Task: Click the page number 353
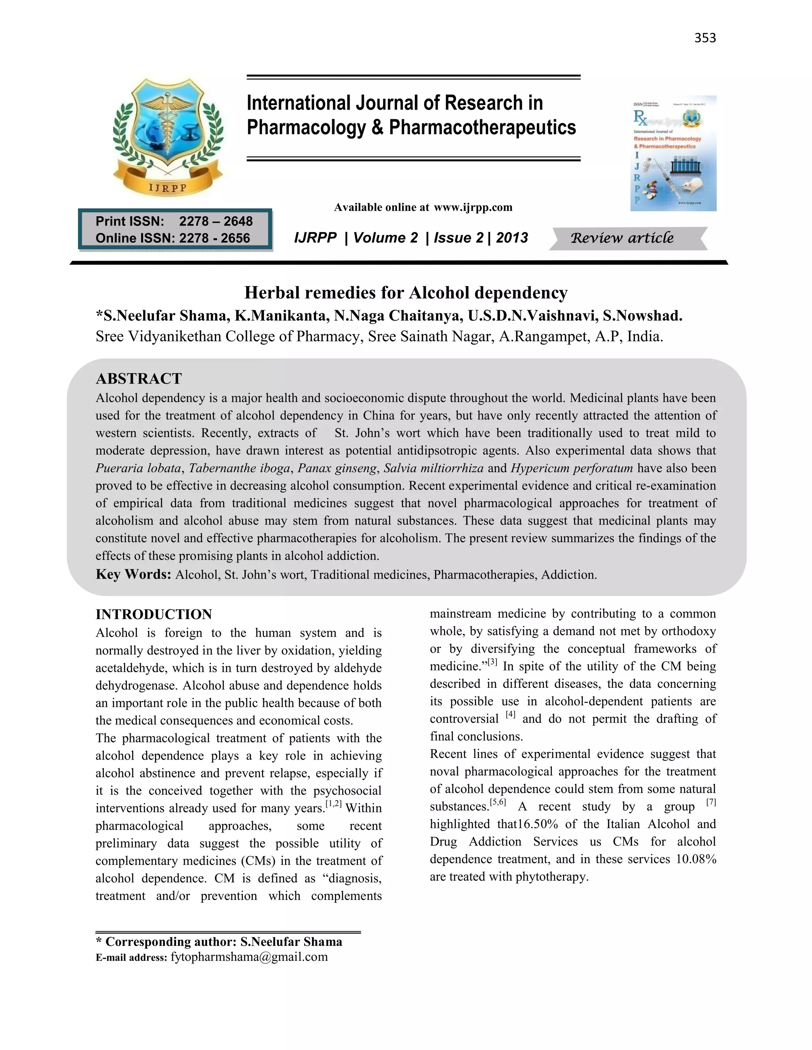pos(705,38)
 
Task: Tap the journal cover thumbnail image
pos(673,153)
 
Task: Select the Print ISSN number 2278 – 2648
pos(216,221)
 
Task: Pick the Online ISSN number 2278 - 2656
pos(214,238)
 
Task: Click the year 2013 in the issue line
pos(512,237)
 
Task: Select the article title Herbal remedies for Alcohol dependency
pos(406,292)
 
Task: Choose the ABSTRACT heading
pos(138,379)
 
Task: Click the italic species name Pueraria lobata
pos(138,468)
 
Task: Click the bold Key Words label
pos(133,575)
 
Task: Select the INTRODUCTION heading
pos(153,615)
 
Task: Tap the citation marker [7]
pos(711,802)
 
